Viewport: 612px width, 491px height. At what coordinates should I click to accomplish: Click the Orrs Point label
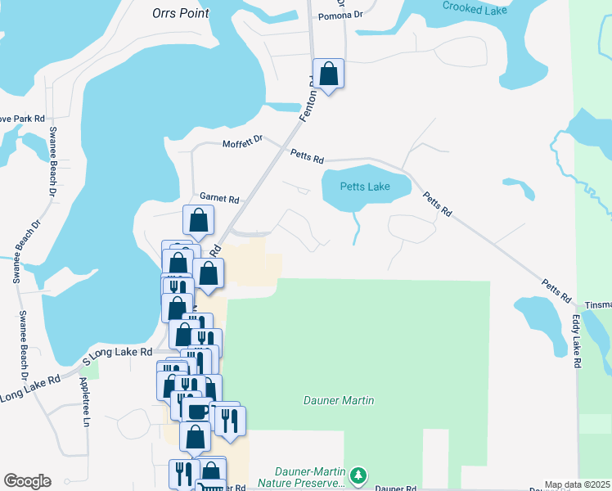[x=181, y=13]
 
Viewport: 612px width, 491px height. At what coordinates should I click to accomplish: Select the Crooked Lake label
[x=475, y=7]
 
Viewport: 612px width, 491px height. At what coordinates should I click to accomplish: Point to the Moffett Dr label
[x=242, y=143]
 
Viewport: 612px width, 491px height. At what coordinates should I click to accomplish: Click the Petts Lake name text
[x=367, y=187]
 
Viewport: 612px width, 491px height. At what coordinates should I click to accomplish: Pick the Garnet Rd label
[x=219, y=199]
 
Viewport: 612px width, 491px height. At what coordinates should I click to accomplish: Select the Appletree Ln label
[x=84, y=402]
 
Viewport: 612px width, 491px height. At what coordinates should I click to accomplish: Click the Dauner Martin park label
[x=339, y=400]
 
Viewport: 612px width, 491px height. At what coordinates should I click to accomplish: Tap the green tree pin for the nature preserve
[x=358, y=475]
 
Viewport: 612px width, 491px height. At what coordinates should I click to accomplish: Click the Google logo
[x=27, y=481]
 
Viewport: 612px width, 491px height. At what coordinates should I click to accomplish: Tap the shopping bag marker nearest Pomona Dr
[x=328, y=74]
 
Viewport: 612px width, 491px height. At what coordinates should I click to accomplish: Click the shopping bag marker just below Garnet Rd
[x=199, y=219]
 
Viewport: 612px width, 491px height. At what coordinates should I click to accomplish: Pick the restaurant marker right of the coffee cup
[x=230, y=421]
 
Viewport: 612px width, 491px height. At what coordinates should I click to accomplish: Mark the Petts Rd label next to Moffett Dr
[x=308, y=155]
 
